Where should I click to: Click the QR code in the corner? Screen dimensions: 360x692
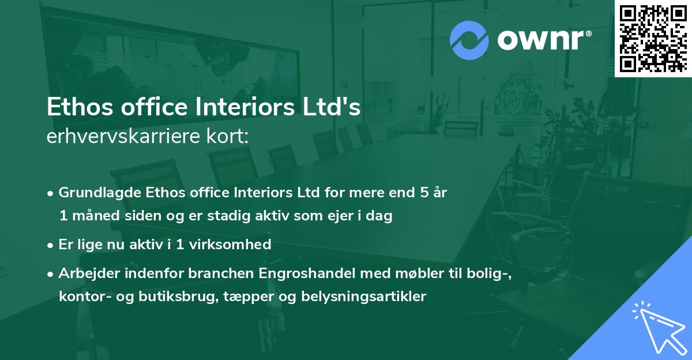click(653, 38)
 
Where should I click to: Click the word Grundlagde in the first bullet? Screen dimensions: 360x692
click(96, 192)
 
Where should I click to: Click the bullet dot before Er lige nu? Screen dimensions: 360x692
click(51, 245)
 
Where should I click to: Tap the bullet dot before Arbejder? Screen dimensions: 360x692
click(51, 273)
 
